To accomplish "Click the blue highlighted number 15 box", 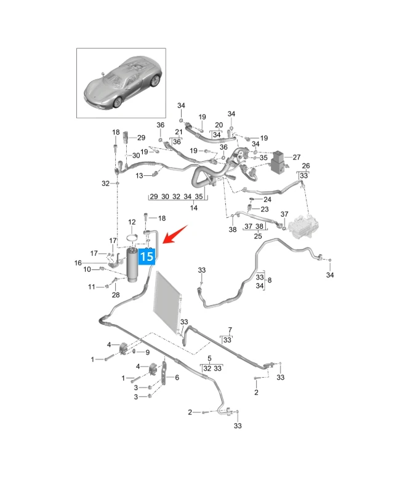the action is [x=147, y=256].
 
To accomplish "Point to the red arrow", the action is [x=175, y=234].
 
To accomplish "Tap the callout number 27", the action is [x=297, y=157].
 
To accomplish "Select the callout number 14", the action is [x=194, y=208].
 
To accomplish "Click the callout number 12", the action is [x=132, y=222].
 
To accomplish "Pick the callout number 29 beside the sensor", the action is [x=141, y=137].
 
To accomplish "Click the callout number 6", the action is [x=177, y=377].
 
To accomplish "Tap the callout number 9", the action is [x=148, y=353].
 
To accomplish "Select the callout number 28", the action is [x=116, y=295].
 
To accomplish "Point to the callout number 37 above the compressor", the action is [x=284, y=214].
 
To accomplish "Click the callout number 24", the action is [x=267, y=199].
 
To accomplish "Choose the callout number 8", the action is [x=270, y=280].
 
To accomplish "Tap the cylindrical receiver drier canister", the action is [x=133, y=265].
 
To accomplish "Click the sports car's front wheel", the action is [x=118, y=102].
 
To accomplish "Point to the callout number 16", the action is [x=78, y=263].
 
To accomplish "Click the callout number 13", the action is [x=139, y=175].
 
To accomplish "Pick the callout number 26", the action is [x=306, y=165].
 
